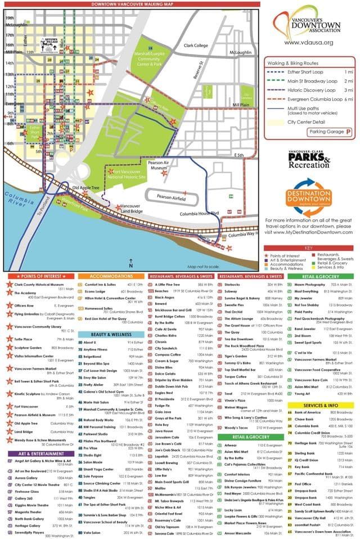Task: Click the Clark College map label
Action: (x=196, y=46)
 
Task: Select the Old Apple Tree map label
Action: (x=85, y=187)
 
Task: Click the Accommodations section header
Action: (x=111, y=277)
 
